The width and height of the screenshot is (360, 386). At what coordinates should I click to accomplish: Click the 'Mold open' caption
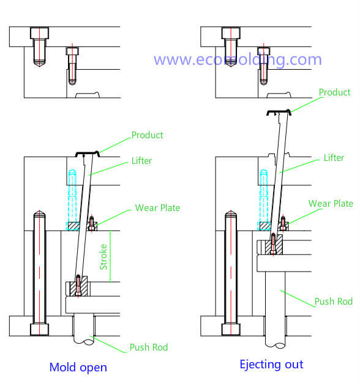coord(78,368)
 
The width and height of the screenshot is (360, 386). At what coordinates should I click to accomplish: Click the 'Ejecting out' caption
coord(271,365)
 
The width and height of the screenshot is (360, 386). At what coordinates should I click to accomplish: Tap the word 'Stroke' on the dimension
coord(103,257)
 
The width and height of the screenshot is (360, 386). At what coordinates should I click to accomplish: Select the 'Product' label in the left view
coord(147,135)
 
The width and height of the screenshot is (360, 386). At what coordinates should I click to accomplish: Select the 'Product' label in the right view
coord(334,92)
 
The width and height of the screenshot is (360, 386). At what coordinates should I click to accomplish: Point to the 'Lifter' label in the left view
coord(141,161)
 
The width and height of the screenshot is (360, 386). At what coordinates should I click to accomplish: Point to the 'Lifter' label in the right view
coord(334,158)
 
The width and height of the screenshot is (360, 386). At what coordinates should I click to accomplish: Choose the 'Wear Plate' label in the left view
coord(157,208)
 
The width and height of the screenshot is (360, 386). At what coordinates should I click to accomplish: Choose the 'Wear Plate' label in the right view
coord(331,204)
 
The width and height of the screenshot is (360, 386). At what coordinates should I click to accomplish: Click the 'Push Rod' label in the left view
coord(149,347)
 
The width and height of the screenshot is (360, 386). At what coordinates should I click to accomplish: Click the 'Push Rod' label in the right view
coord(334,302)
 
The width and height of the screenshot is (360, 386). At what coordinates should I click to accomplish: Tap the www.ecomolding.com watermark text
coord(238,60)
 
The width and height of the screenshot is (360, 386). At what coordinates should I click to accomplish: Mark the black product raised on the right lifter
coord(279,111)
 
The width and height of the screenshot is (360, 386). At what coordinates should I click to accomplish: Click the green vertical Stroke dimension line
coord(110,256)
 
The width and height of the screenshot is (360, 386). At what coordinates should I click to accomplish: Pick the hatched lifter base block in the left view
coord(78,286)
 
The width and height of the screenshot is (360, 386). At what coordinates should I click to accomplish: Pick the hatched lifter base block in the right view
coord(274,245)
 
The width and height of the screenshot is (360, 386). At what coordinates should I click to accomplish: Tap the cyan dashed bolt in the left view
coord(72,195)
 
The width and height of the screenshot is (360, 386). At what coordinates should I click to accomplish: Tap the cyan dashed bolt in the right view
coord(264,195)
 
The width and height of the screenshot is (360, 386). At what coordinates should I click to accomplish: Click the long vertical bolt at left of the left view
coord(39,273)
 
